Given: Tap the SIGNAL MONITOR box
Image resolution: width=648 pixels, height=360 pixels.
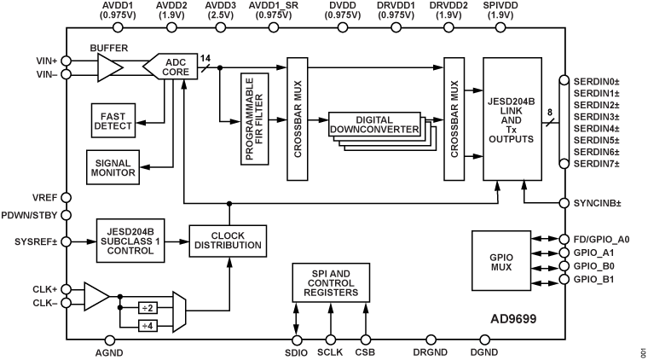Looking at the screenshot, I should click(114, 165).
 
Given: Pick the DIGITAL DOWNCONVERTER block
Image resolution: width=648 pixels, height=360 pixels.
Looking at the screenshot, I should click(375, 129).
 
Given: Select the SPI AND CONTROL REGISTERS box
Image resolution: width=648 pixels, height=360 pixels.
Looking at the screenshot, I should click(331, 282).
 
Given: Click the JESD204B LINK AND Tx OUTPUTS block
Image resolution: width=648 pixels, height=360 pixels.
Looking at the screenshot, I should click(512, 119).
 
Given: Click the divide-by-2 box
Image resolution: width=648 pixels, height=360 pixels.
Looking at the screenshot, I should click(148, 306).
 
